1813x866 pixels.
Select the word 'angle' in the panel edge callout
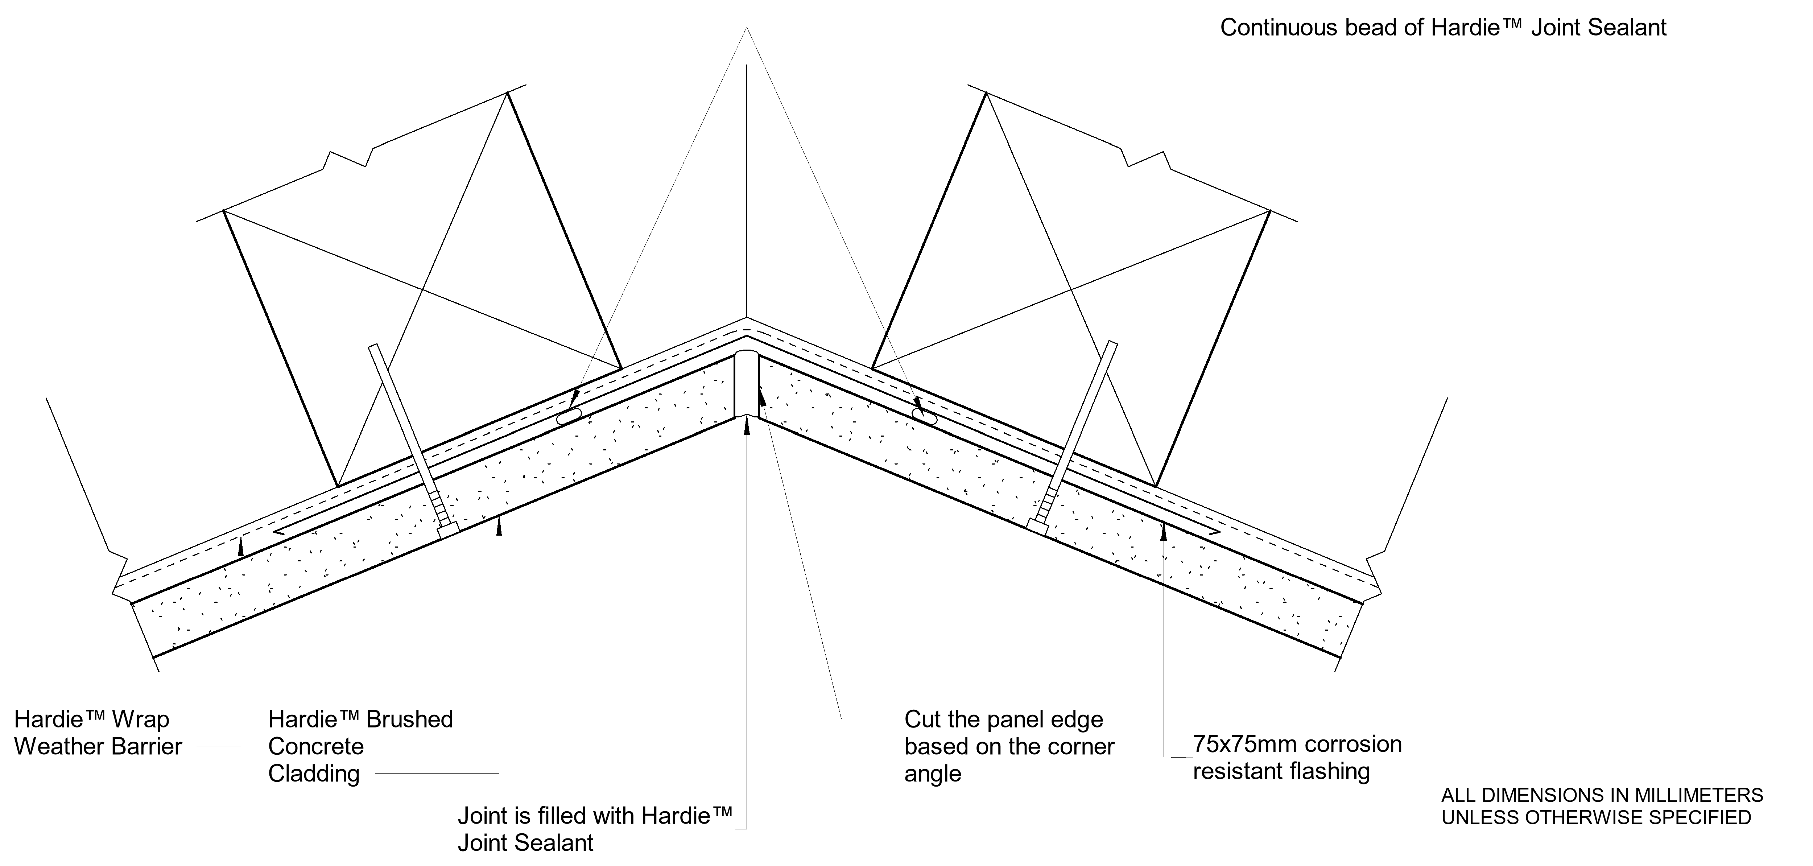point(933,774)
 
